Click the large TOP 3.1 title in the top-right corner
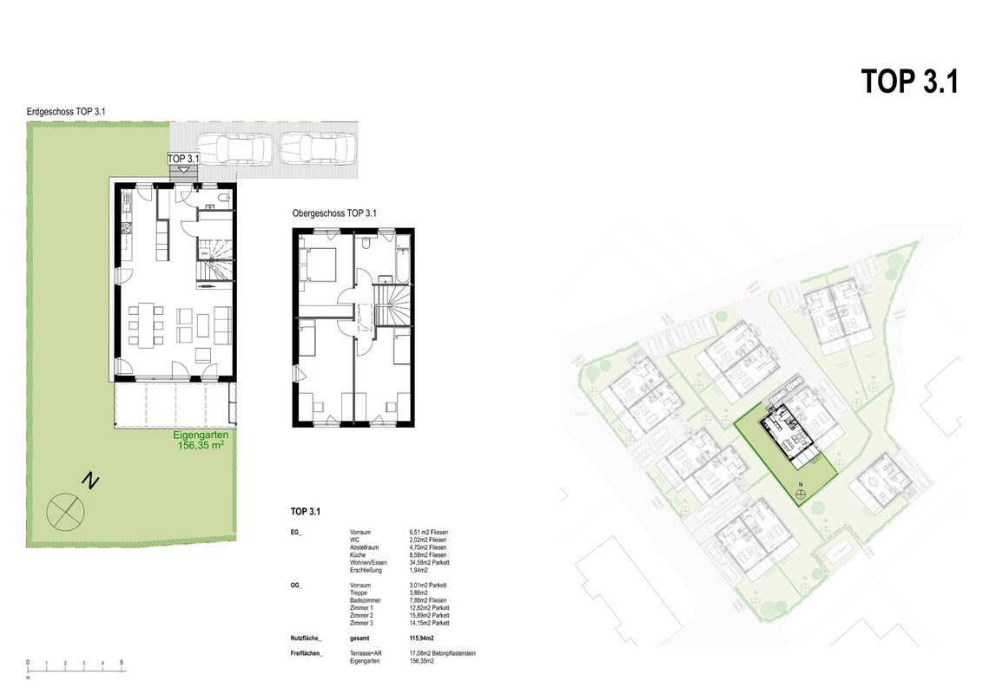tap(909, 82)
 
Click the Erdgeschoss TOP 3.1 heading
tap(66, 112)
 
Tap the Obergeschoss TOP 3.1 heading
tap(334, 213)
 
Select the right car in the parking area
tap(317, 148)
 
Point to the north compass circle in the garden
tap(67, 511)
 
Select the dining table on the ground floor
tap(145, 323)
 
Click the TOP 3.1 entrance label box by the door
tap(182, 159)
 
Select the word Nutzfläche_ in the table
tap(307, 638)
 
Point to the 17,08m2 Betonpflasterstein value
tap(442, 653)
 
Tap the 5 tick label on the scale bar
tap(122, 663)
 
